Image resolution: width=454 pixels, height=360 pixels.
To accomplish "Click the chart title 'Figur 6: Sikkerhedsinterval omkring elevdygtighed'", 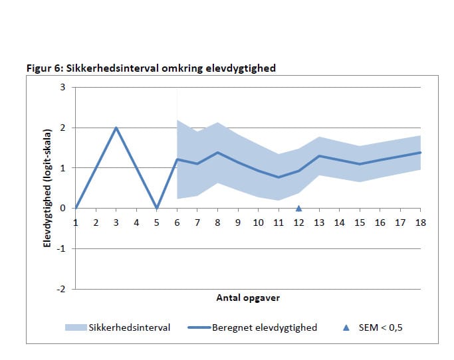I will pyautogui.click(x=150, y=68).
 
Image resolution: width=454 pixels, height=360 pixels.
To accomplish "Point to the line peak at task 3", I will pyautogui.click(x=116, y=128).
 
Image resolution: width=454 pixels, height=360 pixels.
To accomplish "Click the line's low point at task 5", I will pyautogui.click(x=157, y=208).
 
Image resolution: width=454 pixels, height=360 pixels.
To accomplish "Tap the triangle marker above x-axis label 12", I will pyautogui.click(x=299, y=208).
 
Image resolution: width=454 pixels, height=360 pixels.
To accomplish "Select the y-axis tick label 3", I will pyautogui.click(x=63, y=87).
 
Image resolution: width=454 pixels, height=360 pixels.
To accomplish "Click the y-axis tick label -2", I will pyautogui.click(x=62, y=289).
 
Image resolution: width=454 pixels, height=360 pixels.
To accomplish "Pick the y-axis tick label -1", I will pyautogui.click(x=62, y=248).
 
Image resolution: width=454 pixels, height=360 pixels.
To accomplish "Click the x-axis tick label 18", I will pyautogui.click(x=421, y=223).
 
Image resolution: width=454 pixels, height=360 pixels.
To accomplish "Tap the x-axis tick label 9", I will pyautogui.click(x=238, y=223).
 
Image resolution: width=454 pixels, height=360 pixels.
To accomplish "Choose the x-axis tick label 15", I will pyautogui.click(x=360, y=223).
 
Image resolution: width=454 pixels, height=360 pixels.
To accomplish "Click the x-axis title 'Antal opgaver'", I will pyautogui.click(x=248, y=298).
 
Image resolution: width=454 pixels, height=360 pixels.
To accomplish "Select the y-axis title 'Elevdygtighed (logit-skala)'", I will pyautogui.click(x=47, y=188).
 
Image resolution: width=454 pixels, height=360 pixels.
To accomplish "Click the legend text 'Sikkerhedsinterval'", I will pyautogui.click(x=129, y=327).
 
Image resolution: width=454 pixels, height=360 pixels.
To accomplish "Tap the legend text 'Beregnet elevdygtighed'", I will pyautogui.click(x=264, y=327).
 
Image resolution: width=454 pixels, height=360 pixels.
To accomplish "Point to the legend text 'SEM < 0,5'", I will pyautogui.click(x=381, y=327).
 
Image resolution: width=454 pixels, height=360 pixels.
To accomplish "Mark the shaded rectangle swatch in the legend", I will pyautogui.click(x=75, y=327).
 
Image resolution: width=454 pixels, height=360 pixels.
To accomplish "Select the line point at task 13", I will pyautogui.click(x=319, y=156).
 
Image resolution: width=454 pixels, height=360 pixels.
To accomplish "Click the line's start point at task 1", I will pyautogui.click(x=76, y=208).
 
